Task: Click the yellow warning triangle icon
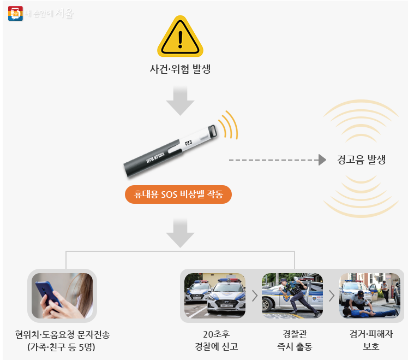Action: tap(180, 37)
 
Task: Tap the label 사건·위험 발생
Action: tap(180, 69)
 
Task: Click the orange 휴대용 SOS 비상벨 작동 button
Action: tap(178, 194)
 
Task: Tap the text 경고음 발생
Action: tap(361, 160)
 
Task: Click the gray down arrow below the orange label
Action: tap(180, 233)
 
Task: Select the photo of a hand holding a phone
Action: tap(62, 296)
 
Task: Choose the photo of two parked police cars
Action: tap(214, 296)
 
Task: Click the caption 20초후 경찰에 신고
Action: tap(216, 340)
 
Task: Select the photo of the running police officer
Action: tap(292, 296)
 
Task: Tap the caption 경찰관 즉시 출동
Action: tap(294, 340)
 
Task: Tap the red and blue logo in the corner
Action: tap(15, 13)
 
